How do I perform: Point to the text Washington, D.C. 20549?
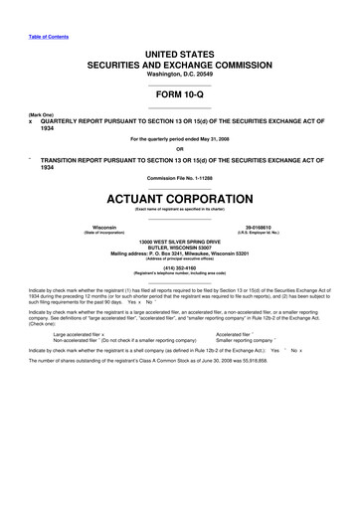pyautogui.click(x=179, y=59)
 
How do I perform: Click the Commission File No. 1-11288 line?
pyautogui.click(x=179, y=177)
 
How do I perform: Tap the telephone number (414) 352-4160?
pyautogui.click(x=179, y=267)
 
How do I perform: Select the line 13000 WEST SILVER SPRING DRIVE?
pyautogui.click(x=179, y=243)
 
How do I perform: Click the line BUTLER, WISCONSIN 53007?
pyautogui.click(x=179, y=249)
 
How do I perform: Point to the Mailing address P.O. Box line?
pyautogui.click(x=179, y=254)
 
